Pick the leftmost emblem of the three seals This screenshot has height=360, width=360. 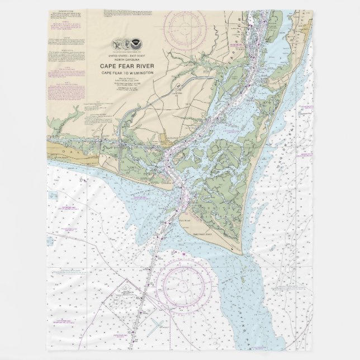[119, 43]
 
